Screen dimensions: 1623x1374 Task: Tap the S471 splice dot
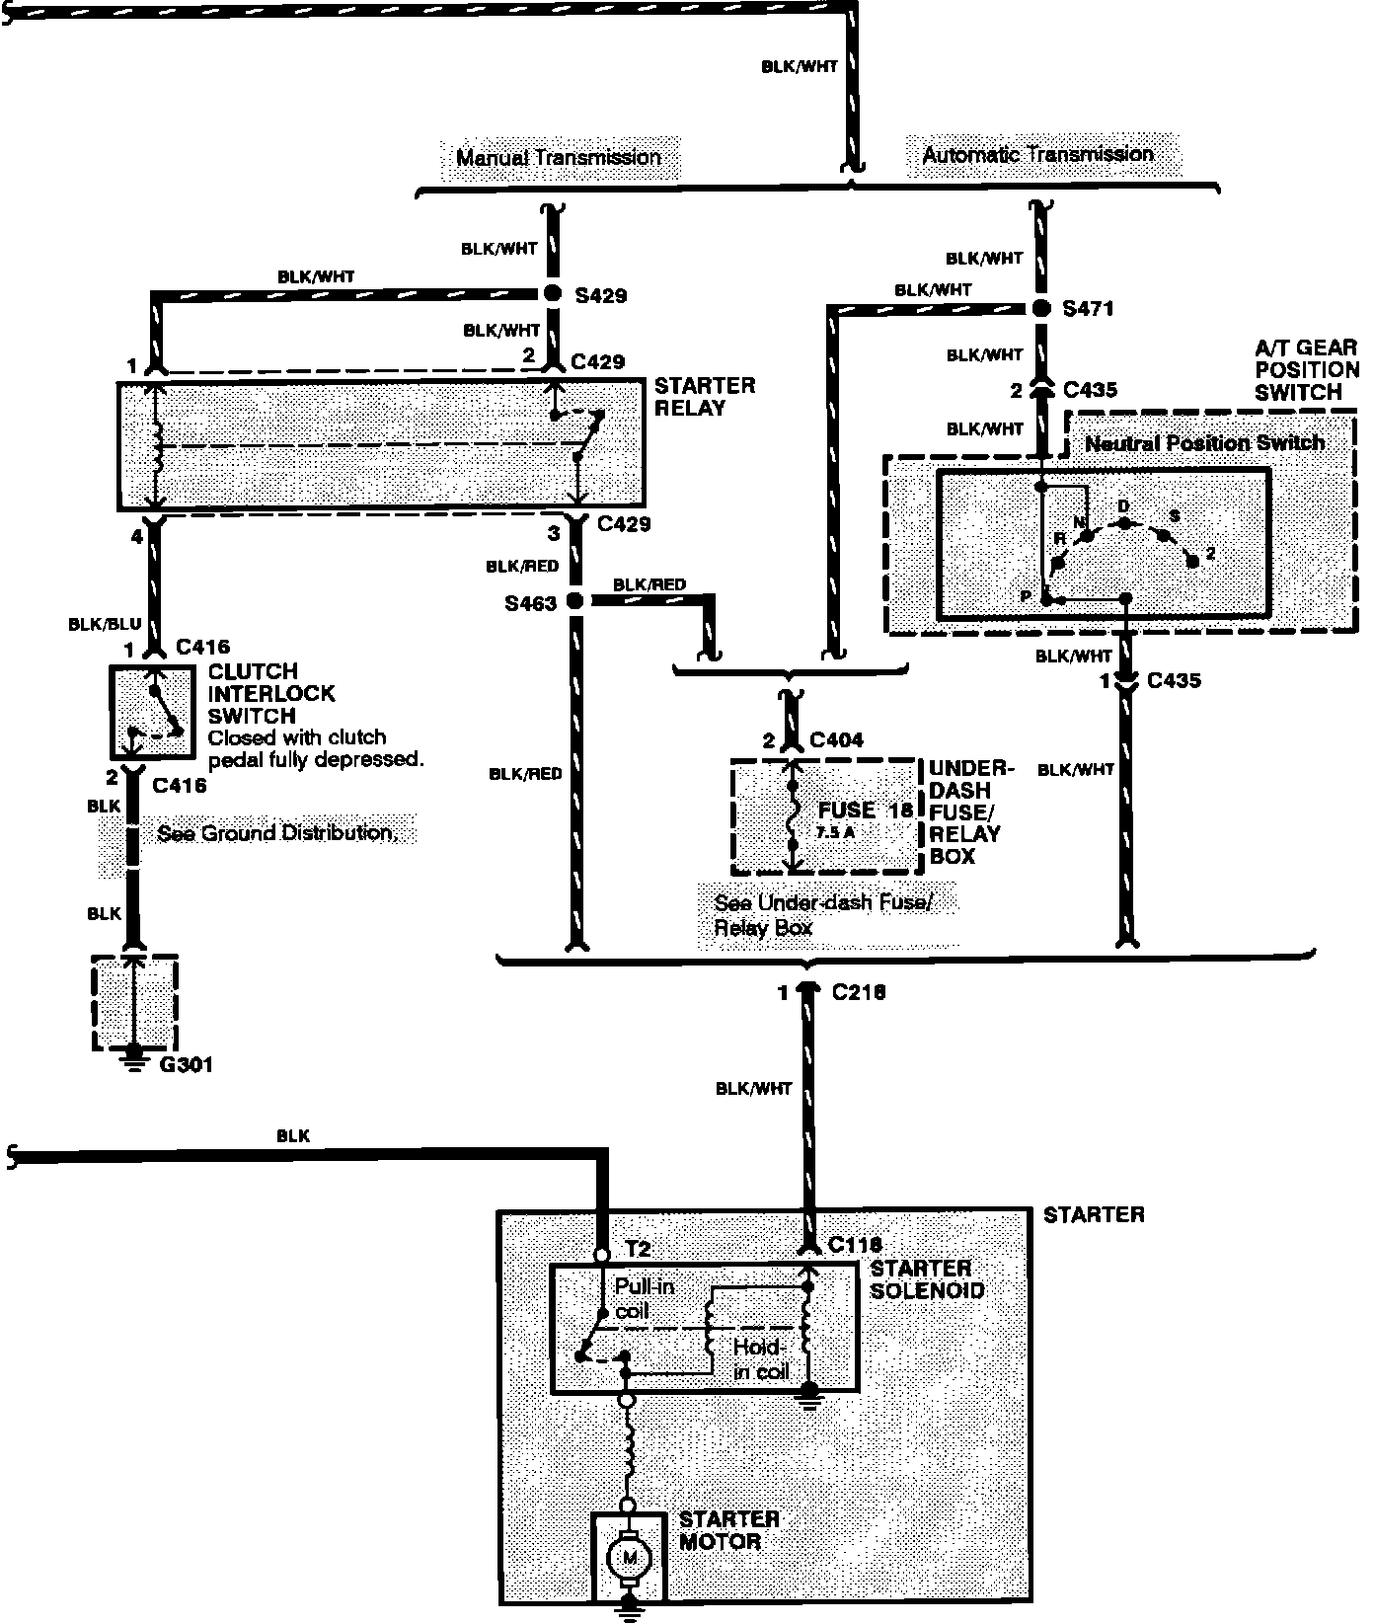click(x=1040, y=308)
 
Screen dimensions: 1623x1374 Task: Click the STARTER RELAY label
click(x=704, y=397)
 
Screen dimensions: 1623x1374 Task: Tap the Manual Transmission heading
click(x=558, y=158)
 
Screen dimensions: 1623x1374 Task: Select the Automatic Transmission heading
click(x=1037, y=154)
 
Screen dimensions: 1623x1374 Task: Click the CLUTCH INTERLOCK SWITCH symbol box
click(x=151, y=711)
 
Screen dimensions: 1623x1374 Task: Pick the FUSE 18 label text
click(x=865, y=811)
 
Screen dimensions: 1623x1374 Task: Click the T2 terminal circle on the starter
click(x=601, y=1256)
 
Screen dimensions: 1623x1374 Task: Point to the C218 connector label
click(x=859, y=992)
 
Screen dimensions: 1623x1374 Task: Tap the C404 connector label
click(x=836, y=740)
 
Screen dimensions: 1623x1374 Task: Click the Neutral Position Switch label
click(x=1204, y=443)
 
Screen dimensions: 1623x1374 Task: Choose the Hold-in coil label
click(x=758, y=1360)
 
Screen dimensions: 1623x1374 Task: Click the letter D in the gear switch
click(x=1122, y=506)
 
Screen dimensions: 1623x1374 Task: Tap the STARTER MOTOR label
click(x=729, y=1530)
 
